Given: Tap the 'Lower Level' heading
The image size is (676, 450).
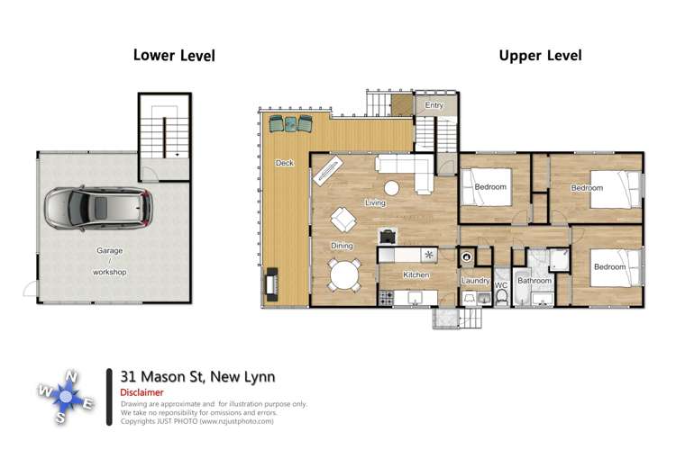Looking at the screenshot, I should coord(174,55).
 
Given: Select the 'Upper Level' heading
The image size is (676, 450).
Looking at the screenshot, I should coord(540,55).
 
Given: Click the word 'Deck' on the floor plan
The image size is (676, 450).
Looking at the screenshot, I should coord(284,163).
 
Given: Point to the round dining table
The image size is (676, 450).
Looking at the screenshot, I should coord(343,274).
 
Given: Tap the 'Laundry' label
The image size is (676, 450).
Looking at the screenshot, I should coord(474,281).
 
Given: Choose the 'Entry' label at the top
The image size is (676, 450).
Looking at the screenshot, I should coord(434,105).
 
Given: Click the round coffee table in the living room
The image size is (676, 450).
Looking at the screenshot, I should coord(392,188).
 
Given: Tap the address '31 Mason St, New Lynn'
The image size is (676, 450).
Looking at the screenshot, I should coord(197,377).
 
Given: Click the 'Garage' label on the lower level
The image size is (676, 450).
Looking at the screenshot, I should coord(110,251).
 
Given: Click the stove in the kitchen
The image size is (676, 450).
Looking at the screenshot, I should coord(388,297).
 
